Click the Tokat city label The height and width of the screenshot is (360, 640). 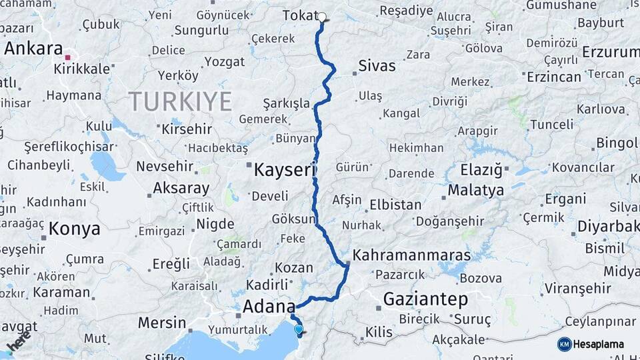[299, 15]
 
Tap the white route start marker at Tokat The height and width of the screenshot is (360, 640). [322, 17]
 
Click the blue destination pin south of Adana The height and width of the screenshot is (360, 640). [298, 329]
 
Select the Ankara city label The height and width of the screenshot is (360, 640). [33, 49]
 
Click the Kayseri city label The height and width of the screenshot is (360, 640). [283, 170]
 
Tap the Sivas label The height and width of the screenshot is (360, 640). [377, 66]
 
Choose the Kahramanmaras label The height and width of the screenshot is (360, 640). [411, 255]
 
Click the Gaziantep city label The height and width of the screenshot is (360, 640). [425, 299]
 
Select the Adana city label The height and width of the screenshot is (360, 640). [269, 307]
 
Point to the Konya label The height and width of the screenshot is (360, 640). [75, 229]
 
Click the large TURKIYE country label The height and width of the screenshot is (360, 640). [180, 102]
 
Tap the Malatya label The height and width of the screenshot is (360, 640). [475, 191]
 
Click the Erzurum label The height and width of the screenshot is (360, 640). [610, 52]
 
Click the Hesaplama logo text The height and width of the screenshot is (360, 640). [599, 344]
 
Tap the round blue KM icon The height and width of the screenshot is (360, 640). [565, 344]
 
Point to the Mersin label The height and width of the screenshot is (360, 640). [162, 323]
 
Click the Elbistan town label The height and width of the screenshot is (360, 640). [395, 205]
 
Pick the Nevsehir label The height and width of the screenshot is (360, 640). [165, 167]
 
